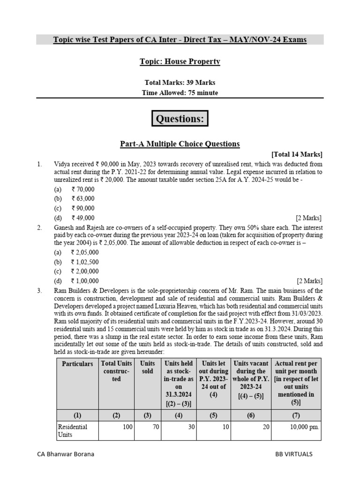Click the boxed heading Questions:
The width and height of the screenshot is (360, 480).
click(x=180, y=119)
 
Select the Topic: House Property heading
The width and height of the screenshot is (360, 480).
click(x=180, y=61)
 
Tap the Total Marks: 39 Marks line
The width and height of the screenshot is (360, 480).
click(x=180, y=83)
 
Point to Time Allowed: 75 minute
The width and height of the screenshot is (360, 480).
click(x=180, y=93)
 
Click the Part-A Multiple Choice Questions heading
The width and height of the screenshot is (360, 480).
click(x=180, y=144)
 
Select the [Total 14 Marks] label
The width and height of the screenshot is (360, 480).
click(x=297, y=154)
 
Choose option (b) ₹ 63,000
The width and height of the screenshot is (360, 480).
click(x=82, y=199)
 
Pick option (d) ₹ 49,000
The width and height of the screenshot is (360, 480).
click(x=82, y=217)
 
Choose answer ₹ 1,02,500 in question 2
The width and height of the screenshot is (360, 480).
click(x=84, y=262)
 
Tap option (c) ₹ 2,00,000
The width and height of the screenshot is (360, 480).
click(x=84, y=271)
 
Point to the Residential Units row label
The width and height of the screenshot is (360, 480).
click(x=72, y=431)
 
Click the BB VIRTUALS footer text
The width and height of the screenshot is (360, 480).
click(x=294, y=454)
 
